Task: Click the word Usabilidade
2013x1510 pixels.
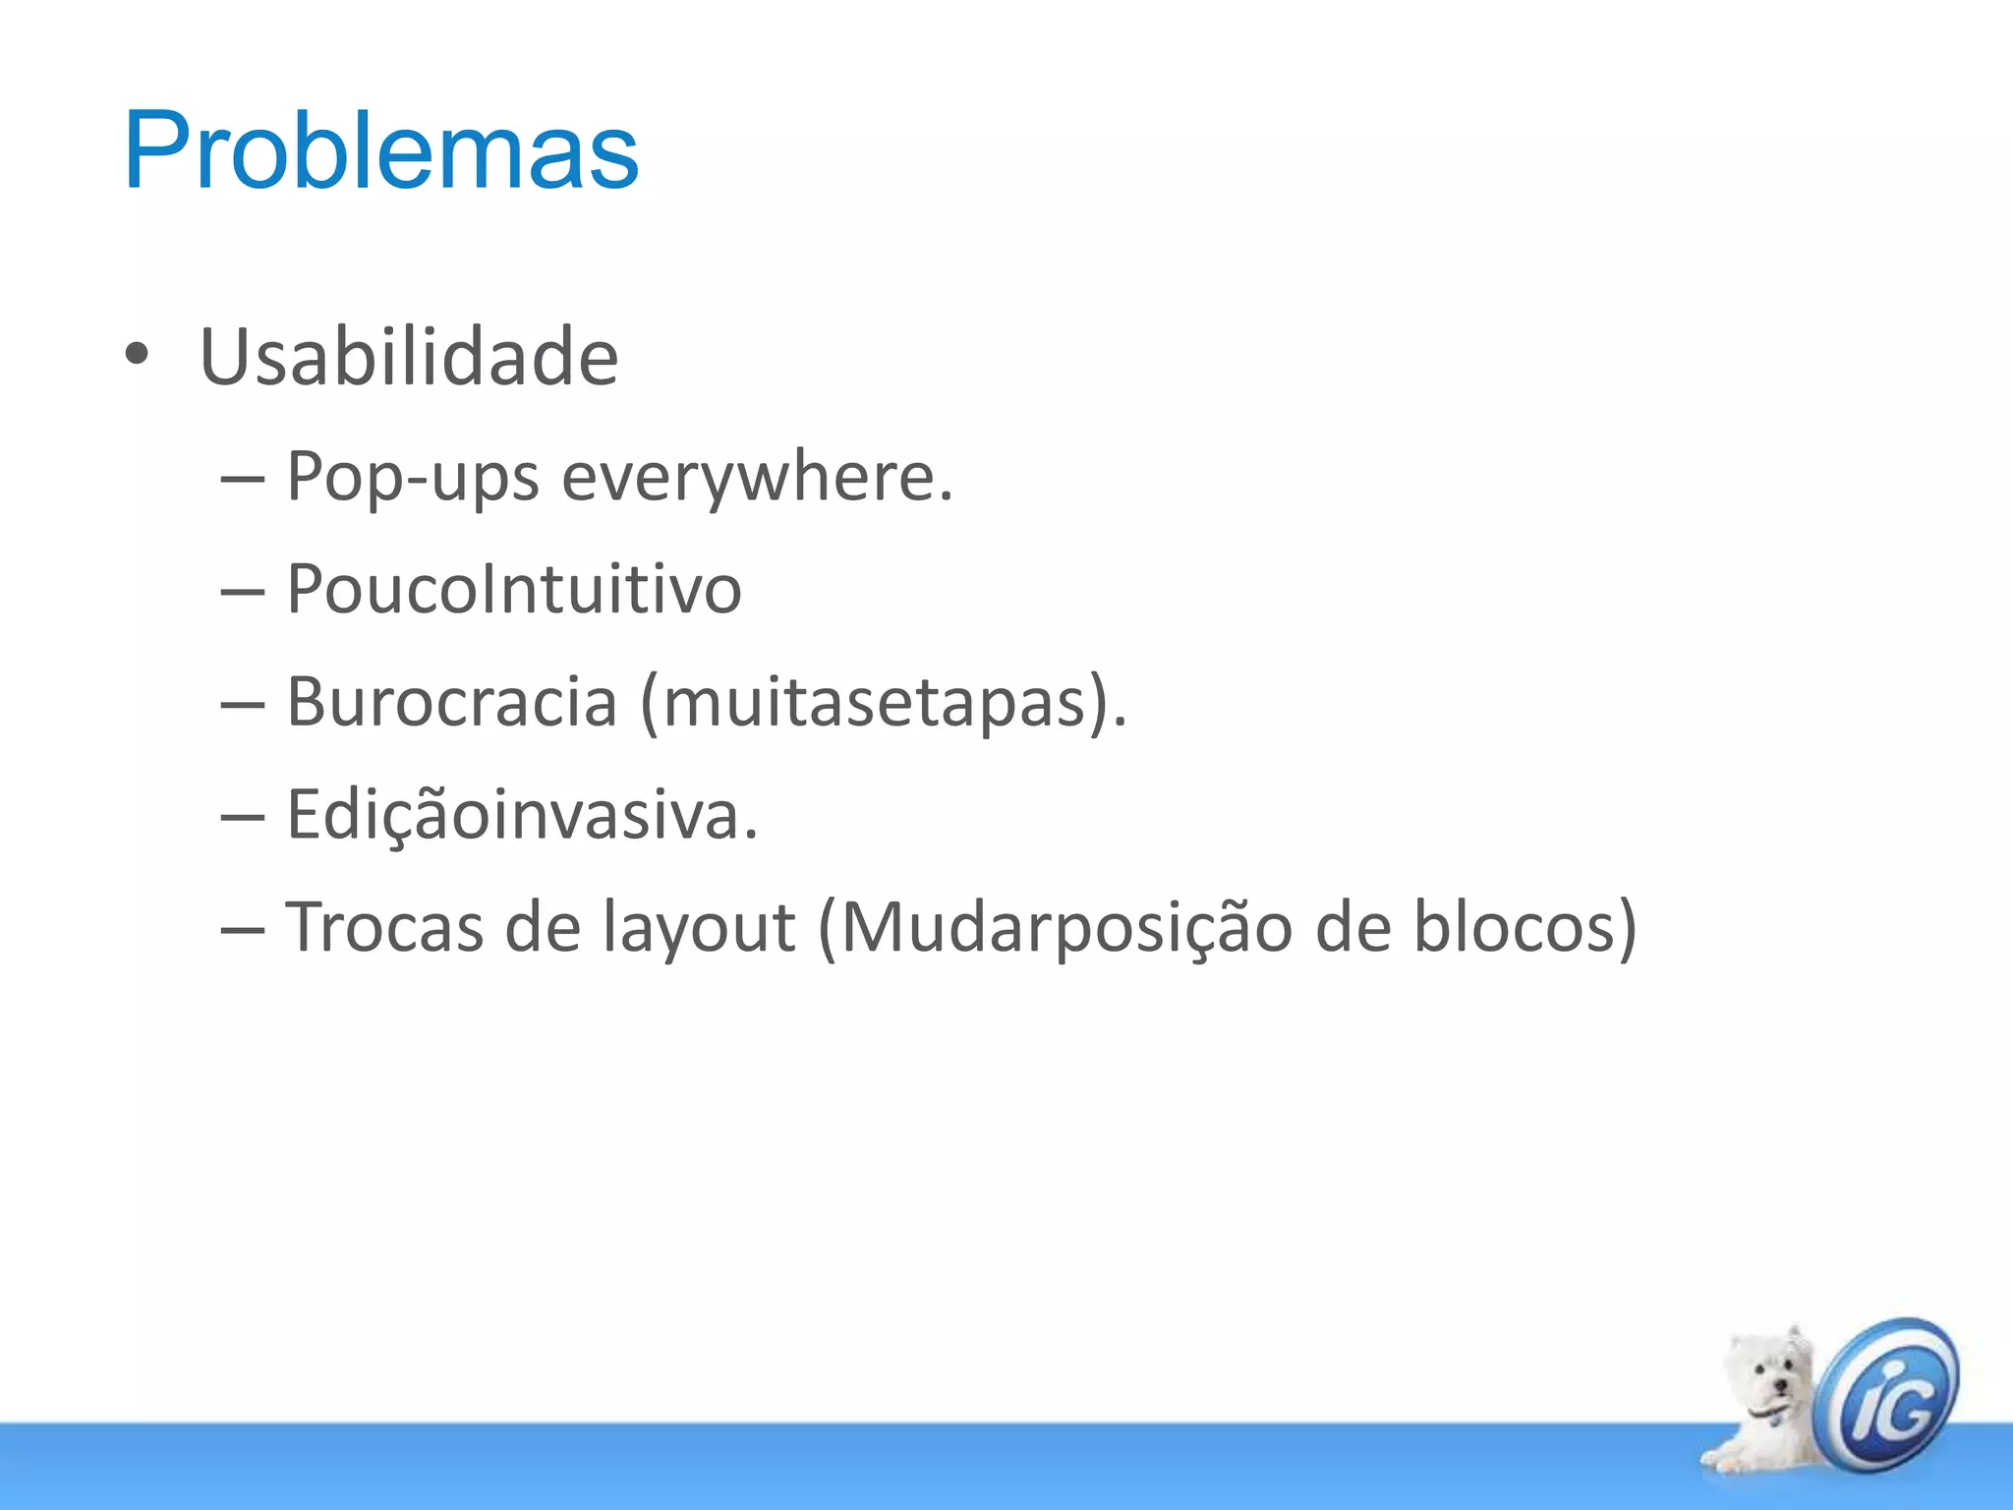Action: [409, 356]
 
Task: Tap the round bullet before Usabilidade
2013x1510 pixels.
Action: [137, 354]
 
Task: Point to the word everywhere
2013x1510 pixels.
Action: [757, 477]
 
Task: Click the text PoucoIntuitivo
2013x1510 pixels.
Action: [513, 590]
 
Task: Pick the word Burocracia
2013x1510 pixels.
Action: [452, 702]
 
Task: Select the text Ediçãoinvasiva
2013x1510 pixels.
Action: [522, 815]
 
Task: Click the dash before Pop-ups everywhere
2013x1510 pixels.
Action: [243, 479]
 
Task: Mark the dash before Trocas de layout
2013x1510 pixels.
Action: [243, 928]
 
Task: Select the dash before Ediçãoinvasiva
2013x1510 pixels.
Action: [243, 816]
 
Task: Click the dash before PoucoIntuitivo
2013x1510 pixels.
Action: [243, 591]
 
